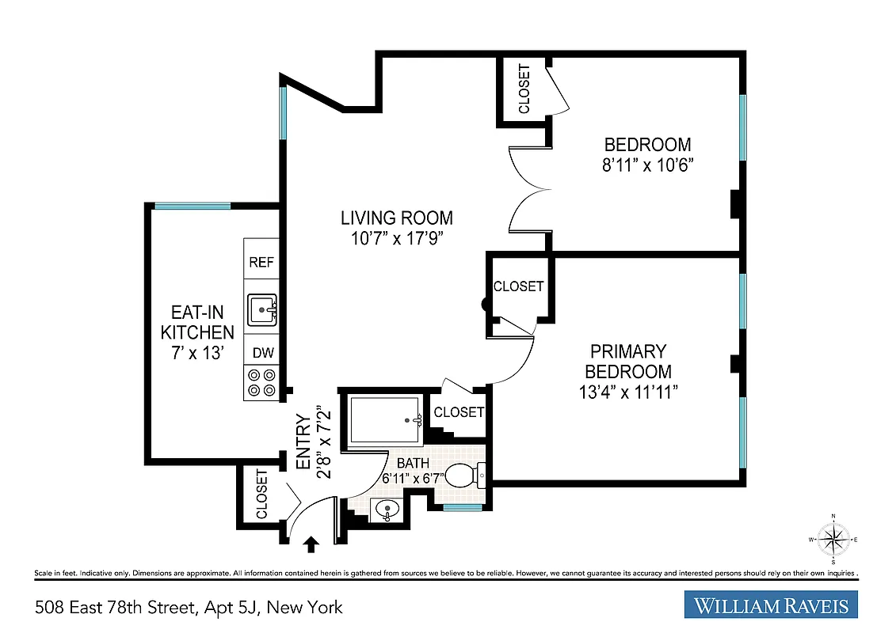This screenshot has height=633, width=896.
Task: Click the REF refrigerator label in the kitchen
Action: (x=261, y=263)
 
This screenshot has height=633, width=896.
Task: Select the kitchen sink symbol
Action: (x=261, y=309)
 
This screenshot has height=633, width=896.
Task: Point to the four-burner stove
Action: (x=261, y=383)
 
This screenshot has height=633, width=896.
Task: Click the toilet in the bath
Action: (x=464, y=476)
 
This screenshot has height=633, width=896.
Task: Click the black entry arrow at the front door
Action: (x=311, y=544)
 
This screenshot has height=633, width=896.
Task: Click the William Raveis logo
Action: (x=771, y=605)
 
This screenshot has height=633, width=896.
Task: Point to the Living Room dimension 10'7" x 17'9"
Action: (x=397, y=238)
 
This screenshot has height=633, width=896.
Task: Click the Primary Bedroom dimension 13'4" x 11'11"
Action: (x=627, y=392)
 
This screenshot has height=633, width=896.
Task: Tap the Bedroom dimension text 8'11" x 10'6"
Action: (x=647, y=165)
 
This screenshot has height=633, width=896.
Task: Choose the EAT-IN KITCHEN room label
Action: (x=197, y=332)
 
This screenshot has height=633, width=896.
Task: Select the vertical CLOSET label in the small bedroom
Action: (x=524, y=89)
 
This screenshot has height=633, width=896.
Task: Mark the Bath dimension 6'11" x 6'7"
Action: (x=413, y=478)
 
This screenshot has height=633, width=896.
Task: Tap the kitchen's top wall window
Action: (x=193, y=206)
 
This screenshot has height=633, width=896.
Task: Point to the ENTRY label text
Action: (x=302, y=442)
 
